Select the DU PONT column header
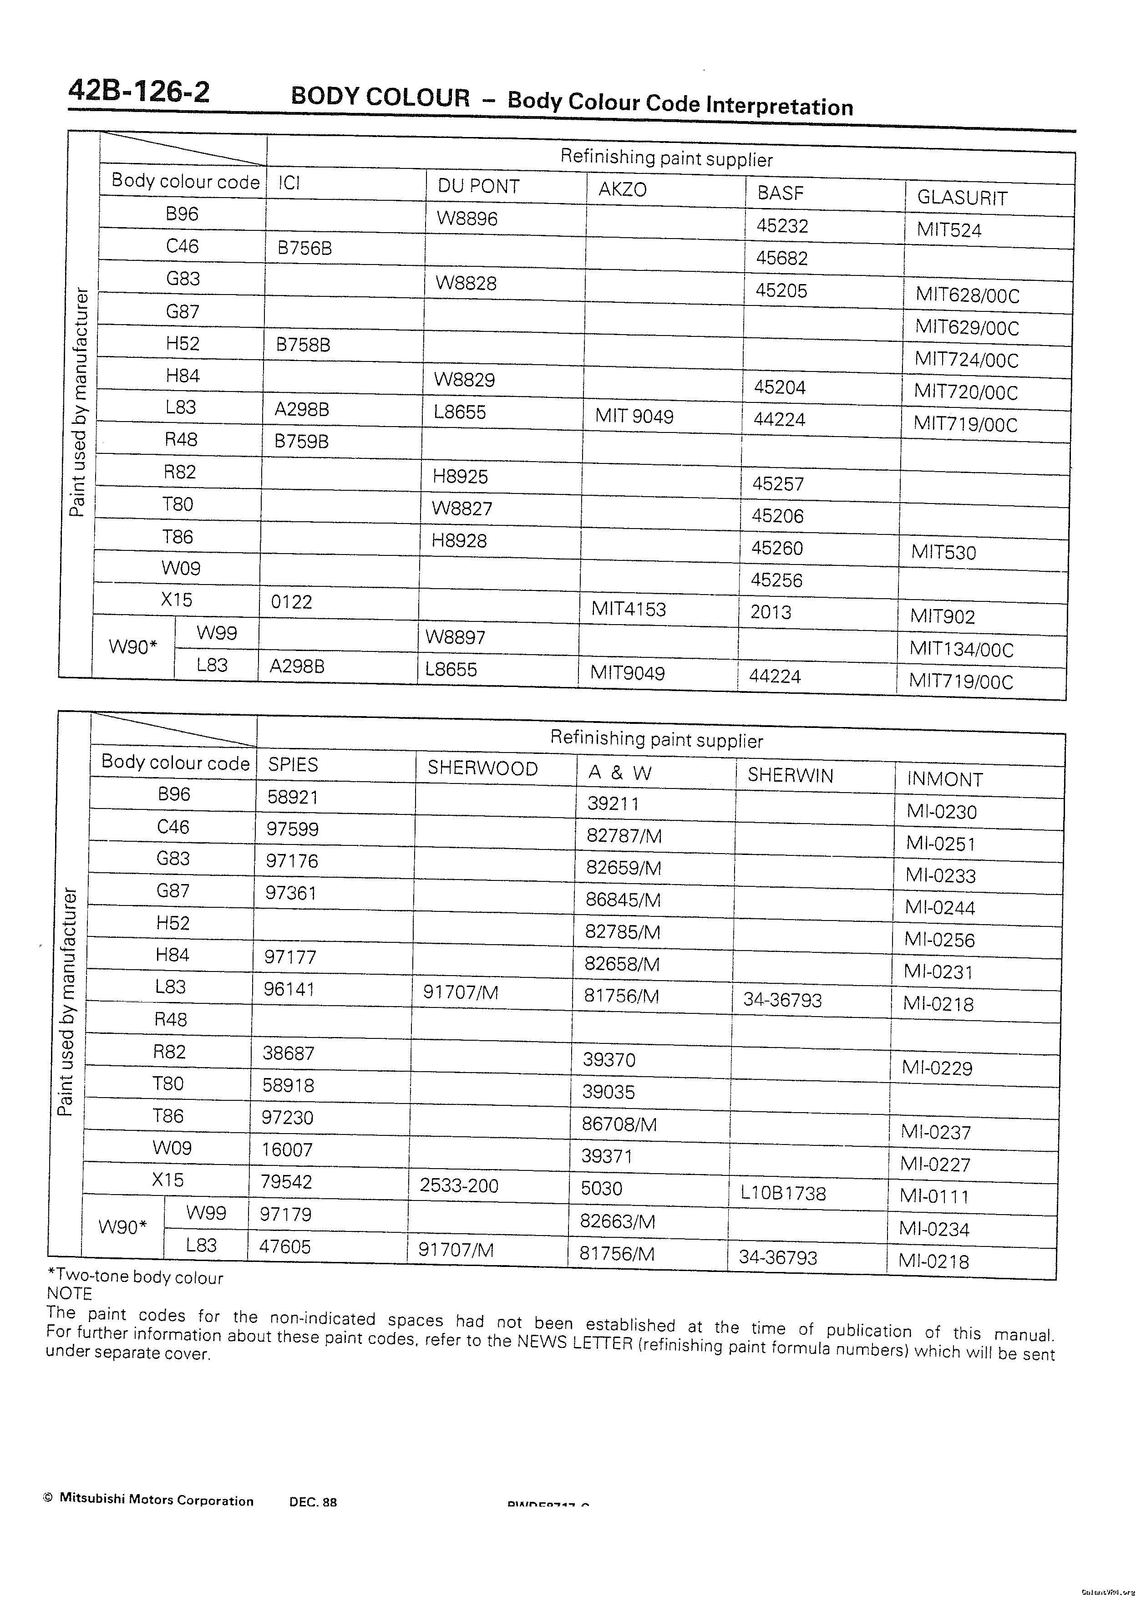coord(478,186)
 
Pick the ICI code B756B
coord(304,248)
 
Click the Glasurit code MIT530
coord(943,553)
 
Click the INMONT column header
coord(944,779)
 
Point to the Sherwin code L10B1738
coord(783,1193)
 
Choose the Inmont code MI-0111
coord(934,1196)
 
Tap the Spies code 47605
coord(285,1246)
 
